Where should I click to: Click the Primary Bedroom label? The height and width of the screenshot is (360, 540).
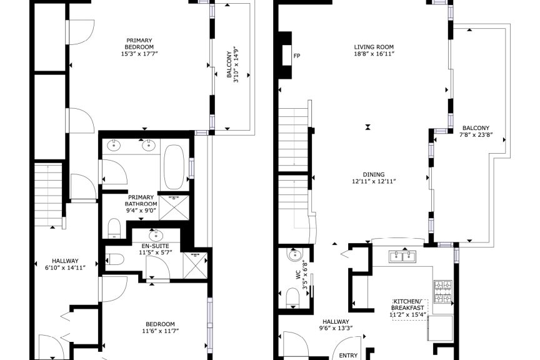tap(139, 44)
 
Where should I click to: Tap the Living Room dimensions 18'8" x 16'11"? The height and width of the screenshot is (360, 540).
tap(374, 54)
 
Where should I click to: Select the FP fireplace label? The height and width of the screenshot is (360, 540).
tap(296, 56)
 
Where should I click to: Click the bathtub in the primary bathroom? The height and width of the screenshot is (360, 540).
tap(174, 167)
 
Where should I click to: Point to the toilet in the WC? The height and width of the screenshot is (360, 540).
tap(293, 297)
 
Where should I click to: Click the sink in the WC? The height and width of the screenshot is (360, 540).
tap(294, 255)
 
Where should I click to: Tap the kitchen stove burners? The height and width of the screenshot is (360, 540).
tap(442, 292)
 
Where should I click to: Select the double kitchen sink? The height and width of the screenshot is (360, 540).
tap(402, 256)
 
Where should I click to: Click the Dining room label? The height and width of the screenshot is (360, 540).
tap(374, 174)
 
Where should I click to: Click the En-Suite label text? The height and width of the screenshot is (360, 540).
tap(156, 246)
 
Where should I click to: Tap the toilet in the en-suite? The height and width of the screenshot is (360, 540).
tap(114, 259)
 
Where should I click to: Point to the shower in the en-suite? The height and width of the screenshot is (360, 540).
tap(195, 266)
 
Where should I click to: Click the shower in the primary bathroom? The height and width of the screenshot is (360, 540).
tap(174, 207)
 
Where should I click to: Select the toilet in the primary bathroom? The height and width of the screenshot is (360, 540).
tap(114, 228)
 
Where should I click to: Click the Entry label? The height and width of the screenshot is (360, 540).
tap(348, 355)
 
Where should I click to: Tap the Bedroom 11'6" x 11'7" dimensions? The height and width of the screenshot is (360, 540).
tap(161, 331)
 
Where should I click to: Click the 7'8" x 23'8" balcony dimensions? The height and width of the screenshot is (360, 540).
tap(476, 135)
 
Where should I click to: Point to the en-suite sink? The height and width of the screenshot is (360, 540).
tap(156, 236)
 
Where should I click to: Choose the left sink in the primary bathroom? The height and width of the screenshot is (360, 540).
tap(114, 146)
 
